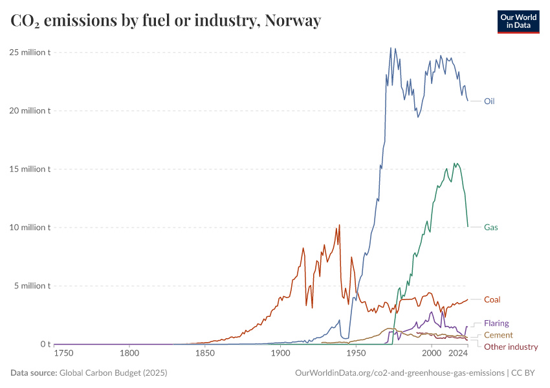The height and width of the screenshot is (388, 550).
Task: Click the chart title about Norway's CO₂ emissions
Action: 166,21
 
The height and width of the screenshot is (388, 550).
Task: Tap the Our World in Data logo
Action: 518,21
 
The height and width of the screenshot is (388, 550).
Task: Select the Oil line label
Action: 489,101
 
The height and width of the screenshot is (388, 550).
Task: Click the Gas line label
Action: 490,227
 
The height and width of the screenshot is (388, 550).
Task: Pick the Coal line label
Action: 492,299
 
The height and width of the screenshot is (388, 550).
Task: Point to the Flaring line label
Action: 496,323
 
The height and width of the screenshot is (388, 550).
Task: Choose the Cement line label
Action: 498,335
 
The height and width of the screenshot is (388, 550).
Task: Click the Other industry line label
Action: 511,347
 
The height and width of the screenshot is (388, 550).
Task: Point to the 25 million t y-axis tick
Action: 30,52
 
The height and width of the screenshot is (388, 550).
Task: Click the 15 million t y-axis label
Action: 30,169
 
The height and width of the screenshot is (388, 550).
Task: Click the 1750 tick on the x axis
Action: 63,353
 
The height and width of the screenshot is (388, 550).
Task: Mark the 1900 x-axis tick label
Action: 280,353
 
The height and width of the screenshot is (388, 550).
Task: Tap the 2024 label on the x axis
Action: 458,353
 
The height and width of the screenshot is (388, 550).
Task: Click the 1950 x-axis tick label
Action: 355,353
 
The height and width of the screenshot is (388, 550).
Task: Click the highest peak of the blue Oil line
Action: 391,48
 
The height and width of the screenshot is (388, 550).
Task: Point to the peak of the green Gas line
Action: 455,163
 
